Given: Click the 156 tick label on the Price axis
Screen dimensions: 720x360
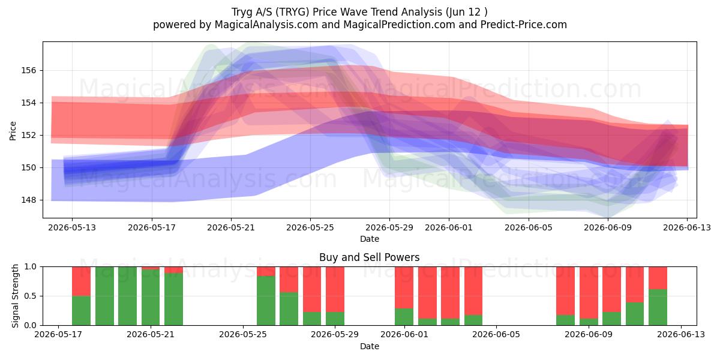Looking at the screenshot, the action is click(x=28, y=70).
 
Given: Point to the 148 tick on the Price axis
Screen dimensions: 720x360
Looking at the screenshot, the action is click(x=28, y=200).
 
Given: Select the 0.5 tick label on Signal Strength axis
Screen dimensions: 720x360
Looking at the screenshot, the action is click(x=30, y=296).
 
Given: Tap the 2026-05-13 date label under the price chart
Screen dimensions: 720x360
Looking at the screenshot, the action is click(x=72, y=227).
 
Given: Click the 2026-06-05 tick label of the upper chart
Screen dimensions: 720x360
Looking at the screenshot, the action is click(x=529, y=227).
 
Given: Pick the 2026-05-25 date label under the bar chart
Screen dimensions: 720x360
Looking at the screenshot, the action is click(x=243, y=335).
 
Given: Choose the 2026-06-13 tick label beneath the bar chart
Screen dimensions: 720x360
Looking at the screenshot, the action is click(x=681, y=335).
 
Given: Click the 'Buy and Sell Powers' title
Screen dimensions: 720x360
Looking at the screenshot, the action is click(x=370, y=257).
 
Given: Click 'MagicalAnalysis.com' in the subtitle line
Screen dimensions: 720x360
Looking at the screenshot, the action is click(x=266, y=25).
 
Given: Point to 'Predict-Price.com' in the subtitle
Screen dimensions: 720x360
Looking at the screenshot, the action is click(x=524, y=25).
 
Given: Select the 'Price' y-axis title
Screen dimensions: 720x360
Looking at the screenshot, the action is click(x=13, y=131).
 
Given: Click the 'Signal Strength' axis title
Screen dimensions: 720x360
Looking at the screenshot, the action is click(x=15, y=296).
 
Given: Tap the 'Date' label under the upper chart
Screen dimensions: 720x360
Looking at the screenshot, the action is click(x=370, y=239).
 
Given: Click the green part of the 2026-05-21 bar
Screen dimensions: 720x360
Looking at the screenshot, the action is click(x=151, y=298).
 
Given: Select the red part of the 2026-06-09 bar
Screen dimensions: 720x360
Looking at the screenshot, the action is click(x=589, y=293).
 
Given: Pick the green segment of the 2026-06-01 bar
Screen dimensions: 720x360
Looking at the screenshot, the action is click(x=404, y=317).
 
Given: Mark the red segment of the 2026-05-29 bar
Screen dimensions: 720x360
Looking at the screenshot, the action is click(x=335, y=289).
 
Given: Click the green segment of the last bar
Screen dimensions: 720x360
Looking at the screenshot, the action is click(x=658, y=307).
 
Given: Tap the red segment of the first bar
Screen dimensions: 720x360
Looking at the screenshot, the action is click(x=81, y=281).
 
